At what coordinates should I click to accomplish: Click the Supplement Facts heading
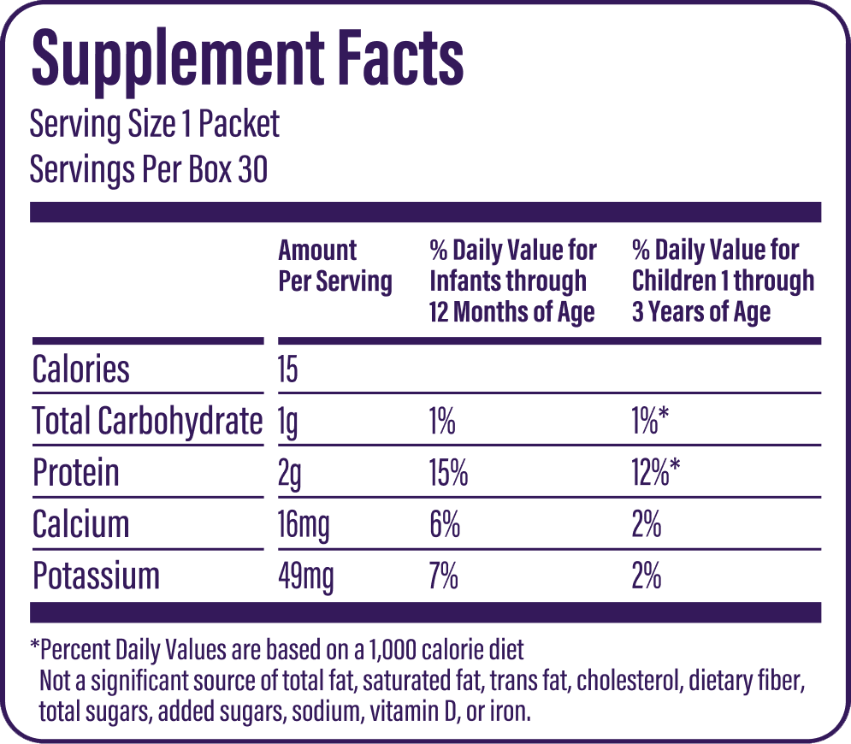coord(247,58)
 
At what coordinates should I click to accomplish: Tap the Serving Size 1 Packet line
coord(155,125)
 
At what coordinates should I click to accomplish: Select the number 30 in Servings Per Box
coord(253,169)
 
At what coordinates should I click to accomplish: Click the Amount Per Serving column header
coord(334,266)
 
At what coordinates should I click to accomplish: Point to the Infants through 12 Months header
coord(512,281)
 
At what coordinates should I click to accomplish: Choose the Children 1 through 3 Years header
coord(723,281)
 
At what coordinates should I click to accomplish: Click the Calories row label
coord(81,369)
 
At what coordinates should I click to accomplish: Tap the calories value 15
coord(287,369)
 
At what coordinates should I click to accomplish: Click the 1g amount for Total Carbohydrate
coord(287,422)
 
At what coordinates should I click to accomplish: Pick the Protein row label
coord(75,473)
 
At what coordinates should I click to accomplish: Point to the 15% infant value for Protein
coord(449,473)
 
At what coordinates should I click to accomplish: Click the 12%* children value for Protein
coord(656,473)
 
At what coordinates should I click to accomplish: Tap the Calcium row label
coord(80,524)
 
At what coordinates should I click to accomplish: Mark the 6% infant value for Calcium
coord(445,524)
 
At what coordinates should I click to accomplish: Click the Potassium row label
coord(96,576)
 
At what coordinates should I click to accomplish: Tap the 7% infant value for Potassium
coord(444,576)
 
